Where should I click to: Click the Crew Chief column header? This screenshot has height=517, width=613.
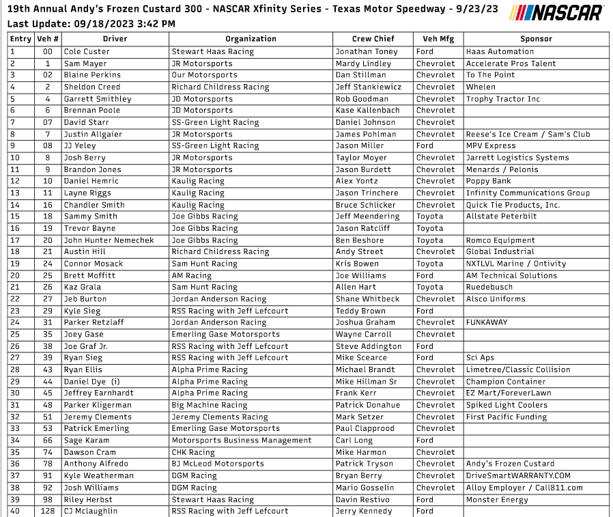(373, 39)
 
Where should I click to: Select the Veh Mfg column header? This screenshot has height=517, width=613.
(438, 39)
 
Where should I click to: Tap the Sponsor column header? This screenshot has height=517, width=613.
(536, 39)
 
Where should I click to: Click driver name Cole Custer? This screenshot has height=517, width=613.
(86, 51)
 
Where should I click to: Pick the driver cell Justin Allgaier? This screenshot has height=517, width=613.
(91, 134)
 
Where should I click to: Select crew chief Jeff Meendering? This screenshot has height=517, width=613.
(367, 216)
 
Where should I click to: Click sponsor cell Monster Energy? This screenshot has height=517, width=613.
(497, 499)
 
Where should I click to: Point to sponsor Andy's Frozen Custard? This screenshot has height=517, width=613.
(510, 464)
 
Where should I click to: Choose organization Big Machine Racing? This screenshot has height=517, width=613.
(209, 405)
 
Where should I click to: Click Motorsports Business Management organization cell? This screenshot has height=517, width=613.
(241, 441)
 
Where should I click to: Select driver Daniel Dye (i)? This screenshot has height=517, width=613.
(91, 382)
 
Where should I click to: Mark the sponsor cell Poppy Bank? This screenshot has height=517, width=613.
(488, 181)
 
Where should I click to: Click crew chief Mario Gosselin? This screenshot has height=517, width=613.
(365, 488)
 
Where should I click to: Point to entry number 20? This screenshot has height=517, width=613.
(15, 275)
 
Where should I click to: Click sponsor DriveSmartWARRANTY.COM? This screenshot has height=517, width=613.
(518, 475)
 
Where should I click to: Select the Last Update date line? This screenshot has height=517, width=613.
(91, 24)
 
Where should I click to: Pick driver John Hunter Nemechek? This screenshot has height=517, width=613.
(109, 240)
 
